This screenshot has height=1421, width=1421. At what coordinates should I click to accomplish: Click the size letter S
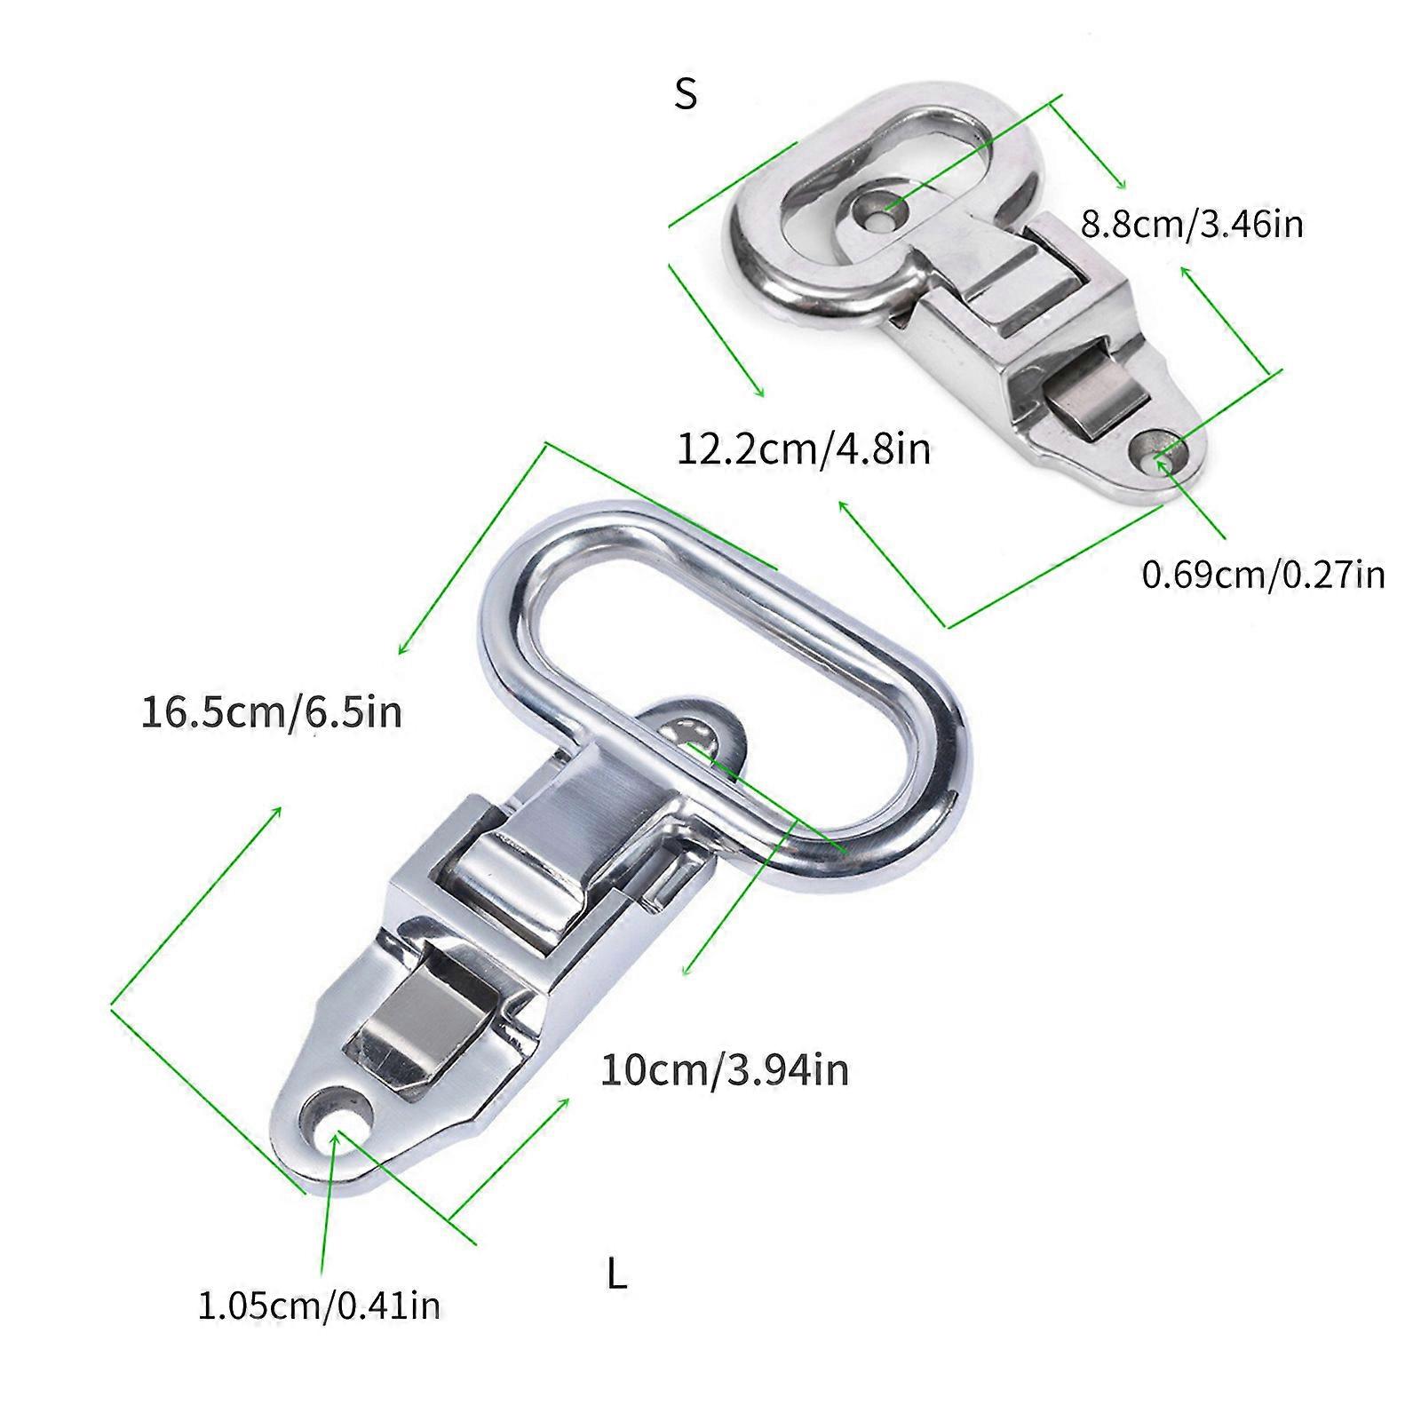click(686, 92)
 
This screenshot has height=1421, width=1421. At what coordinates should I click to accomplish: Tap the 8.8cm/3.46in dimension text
click(1192, 224)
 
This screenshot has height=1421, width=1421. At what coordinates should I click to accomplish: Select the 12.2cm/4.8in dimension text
click(805, 449)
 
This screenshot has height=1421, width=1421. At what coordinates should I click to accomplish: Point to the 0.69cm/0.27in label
click(1263, 575)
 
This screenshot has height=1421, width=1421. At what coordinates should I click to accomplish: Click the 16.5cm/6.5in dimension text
click(272, 712)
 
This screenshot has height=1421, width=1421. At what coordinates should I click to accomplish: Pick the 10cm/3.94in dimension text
click(725, 1069)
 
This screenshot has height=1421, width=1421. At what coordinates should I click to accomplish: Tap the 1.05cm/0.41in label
click(319, 1306)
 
